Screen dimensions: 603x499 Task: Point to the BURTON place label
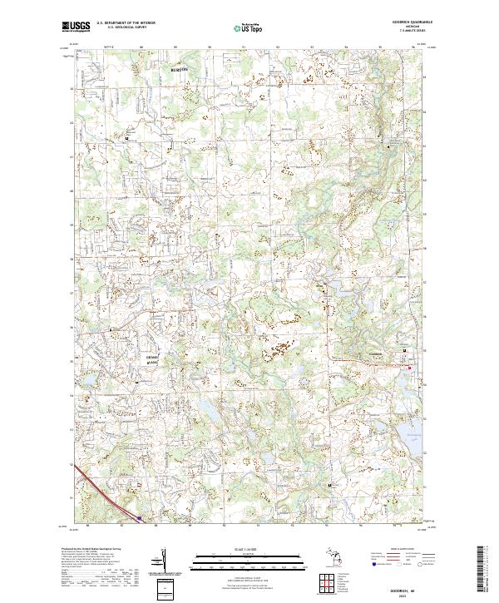point(180,69)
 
